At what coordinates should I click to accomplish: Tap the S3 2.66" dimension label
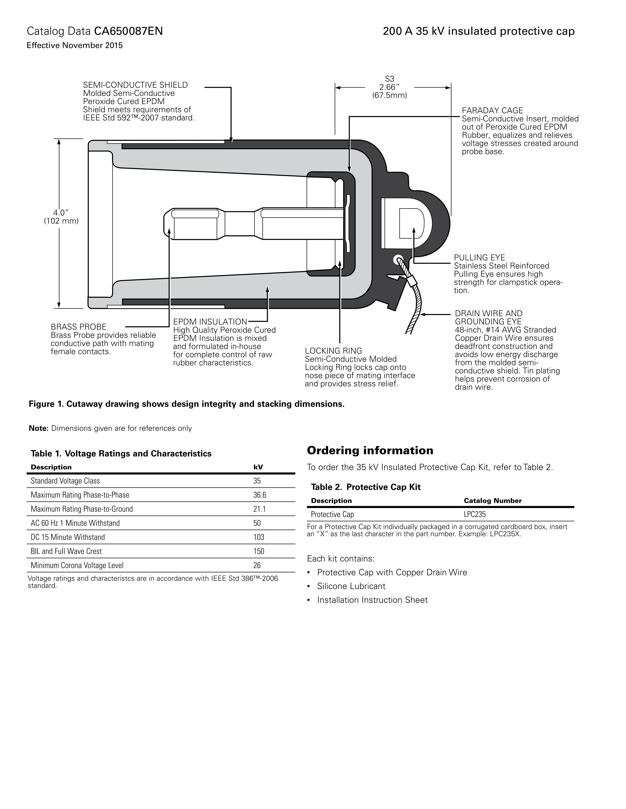click(x=389, y=87)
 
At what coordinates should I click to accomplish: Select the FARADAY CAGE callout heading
click(x=492, y=110)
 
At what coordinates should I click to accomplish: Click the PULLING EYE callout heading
click(x=479, y=257)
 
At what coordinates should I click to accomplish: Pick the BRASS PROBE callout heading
click(x=79, y=327)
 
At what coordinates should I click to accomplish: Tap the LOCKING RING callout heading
click(x=333, y=351)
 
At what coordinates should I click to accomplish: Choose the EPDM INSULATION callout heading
click(x=210, y=322)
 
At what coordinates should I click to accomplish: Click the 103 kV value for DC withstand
click(x=259, y=537)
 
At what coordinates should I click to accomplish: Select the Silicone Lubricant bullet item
click(x=351, y=586)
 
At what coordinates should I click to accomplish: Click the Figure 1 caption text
click(x=187, y=404)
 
